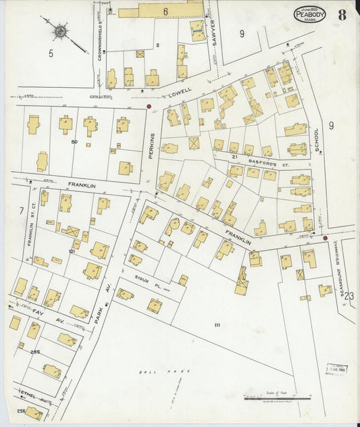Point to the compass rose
(x=61, y=31)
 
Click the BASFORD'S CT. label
(x=263, y=161)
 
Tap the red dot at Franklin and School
(x=325, y=238)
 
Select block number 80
(x=74, y=142)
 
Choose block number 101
(x=73, y=251)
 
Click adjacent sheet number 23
(x=349, y=295)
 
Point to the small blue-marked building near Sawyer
(x=196, y=31)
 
